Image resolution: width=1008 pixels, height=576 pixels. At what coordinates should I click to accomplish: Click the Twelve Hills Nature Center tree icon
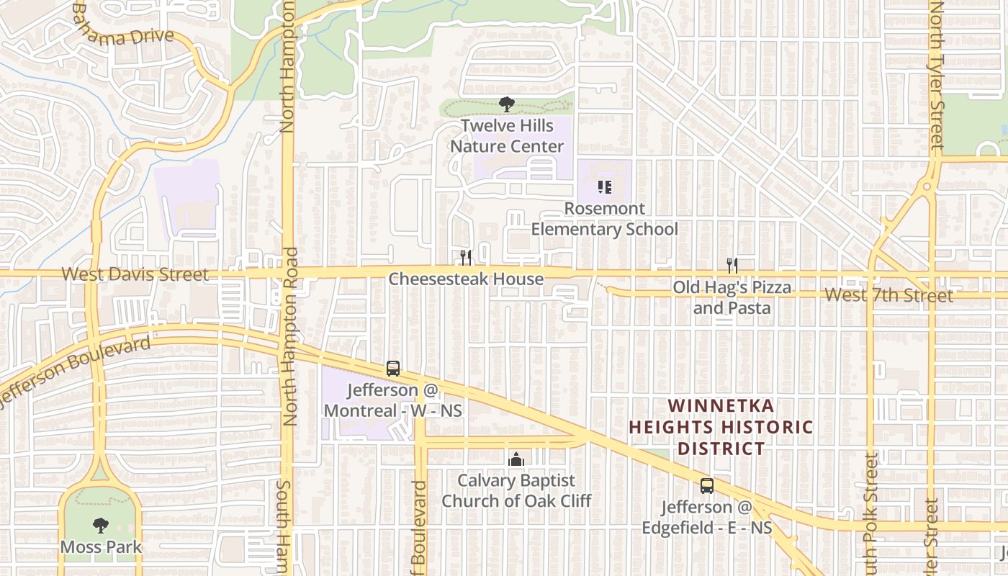pos(507,104)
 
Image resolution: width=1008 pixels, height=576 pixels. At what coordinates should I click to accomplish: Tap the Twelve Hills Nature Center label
pos(508,136)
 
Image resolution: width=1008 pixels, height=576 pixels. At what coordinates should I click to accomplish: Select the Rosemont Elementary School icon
pos(605,188)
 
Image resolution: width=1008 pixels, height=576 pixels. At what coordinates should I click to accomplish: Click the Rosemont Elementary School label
pos(605,219)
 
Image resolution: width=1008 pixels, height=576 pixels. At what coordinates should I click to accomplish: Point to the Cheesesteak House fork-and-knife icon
pos(466,257)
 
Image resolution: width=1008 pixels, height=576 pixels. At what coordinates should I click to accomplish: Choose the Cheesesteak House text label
pos(466,279)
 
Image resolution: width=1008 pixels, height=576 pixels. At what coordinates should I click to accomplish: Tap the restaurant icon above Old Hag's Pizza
pos(732,266)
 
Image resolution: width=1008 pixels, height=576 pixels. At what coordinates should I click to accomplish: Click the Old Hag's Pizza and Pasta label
pos(732,297)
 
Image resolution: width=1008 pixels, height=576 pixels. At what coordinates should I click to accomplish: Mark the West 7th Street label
pos(888,294)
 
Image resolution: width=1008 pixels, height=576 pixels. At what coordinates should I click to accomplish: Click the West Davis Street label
pos(135,274)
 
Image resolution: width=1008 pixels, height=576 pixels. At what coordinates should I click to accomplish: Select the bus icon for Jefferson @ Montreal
pos(392,369)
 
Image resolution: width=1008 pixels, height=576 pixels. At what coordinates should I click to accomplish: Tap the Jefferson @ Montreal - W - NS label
pos(393,400)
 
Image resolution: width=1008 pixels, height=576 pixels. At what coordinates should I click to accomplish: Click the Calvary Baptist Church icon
pos(516,459)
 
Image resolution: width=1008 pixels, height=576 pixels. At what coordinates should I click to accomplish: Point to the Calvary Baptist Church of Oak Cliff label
pos(516,490)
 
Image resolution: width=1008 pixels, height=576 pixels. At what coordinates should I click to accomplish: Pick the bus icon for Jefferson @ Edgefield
pos(707,486)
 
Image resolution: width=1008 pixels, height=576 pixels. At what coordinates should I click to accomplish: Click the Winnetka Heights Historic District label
pos(721,427)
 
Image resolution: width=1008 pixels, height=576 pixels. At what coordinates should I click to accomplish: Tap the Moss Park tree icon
pos(100,526)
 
